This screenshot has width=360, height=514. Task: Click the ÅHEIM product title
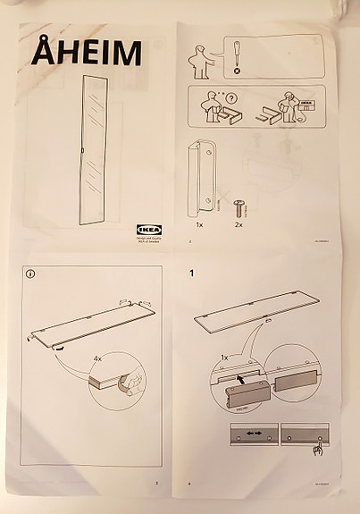[87, 53]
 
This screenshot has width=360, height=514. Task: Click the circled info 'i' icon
[30, 274]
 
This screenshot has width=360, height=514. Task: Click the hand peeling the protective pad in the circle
[130, 383]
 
